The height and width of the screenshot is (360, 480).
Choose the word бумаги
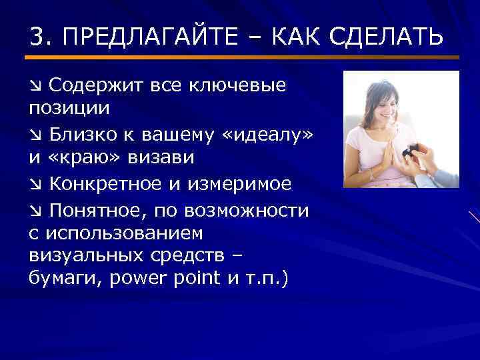[61, 277]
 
